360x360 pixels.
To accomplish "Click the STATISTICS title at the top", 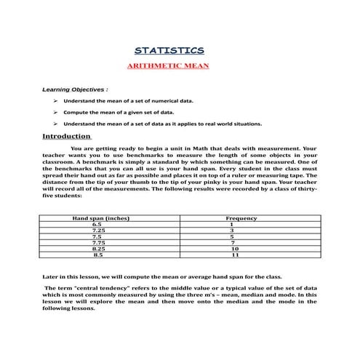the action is click(x=169, y=50).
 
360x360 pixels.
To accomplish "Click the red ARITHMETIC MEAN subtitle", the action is click(x=169, y=65).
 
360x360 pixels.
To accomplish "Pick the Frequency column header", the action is click(x=241, y=218).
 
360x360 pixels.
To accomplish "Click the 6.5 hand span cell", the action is click(x=97, y=225).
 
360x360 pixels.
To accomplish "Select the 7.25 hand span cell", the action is click(x=97, y=231).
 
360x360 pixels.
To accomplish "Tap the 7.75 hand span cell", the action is click(x=97, y=243).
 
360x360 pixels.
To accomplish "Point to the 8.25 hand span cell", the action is click(x=97, y=249).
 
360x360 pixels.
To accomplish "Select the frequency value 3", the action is click(x=231, y=231).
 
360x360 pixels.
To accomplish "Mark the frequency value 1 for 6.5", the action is click(x=231, y=225).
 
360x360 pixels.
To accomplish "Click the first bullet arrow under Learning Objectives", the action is click(x=55, y=100).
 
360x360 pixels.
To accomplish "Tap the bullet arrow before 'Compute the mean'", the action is click(x=55, y=113).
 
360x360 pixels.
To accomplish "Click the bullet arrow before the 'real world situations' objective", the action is click(x=55, y=124).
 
